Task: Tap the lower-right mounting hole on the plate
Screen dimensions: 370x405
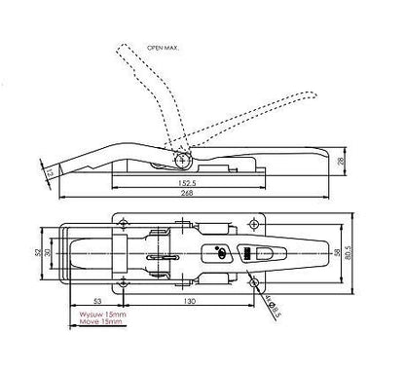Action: tap(254, 282)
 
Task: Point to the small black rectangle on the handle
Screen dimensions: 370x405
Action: tap(246, 253)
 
